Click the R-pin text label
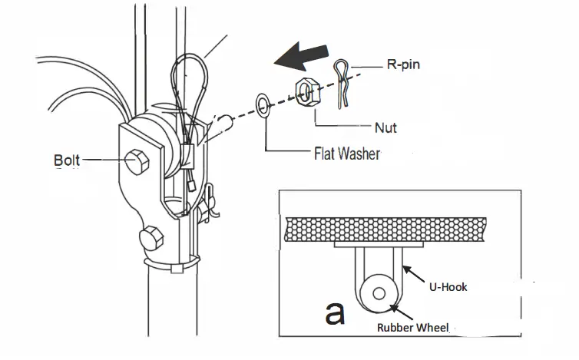[x=403, y=66]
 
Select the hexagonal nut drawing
[x=306, y=96]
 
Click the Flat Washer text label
[x=346, y=154]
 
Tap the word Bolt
[x=67, y=160]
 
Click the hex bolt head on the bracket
[x=139, y=160]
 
